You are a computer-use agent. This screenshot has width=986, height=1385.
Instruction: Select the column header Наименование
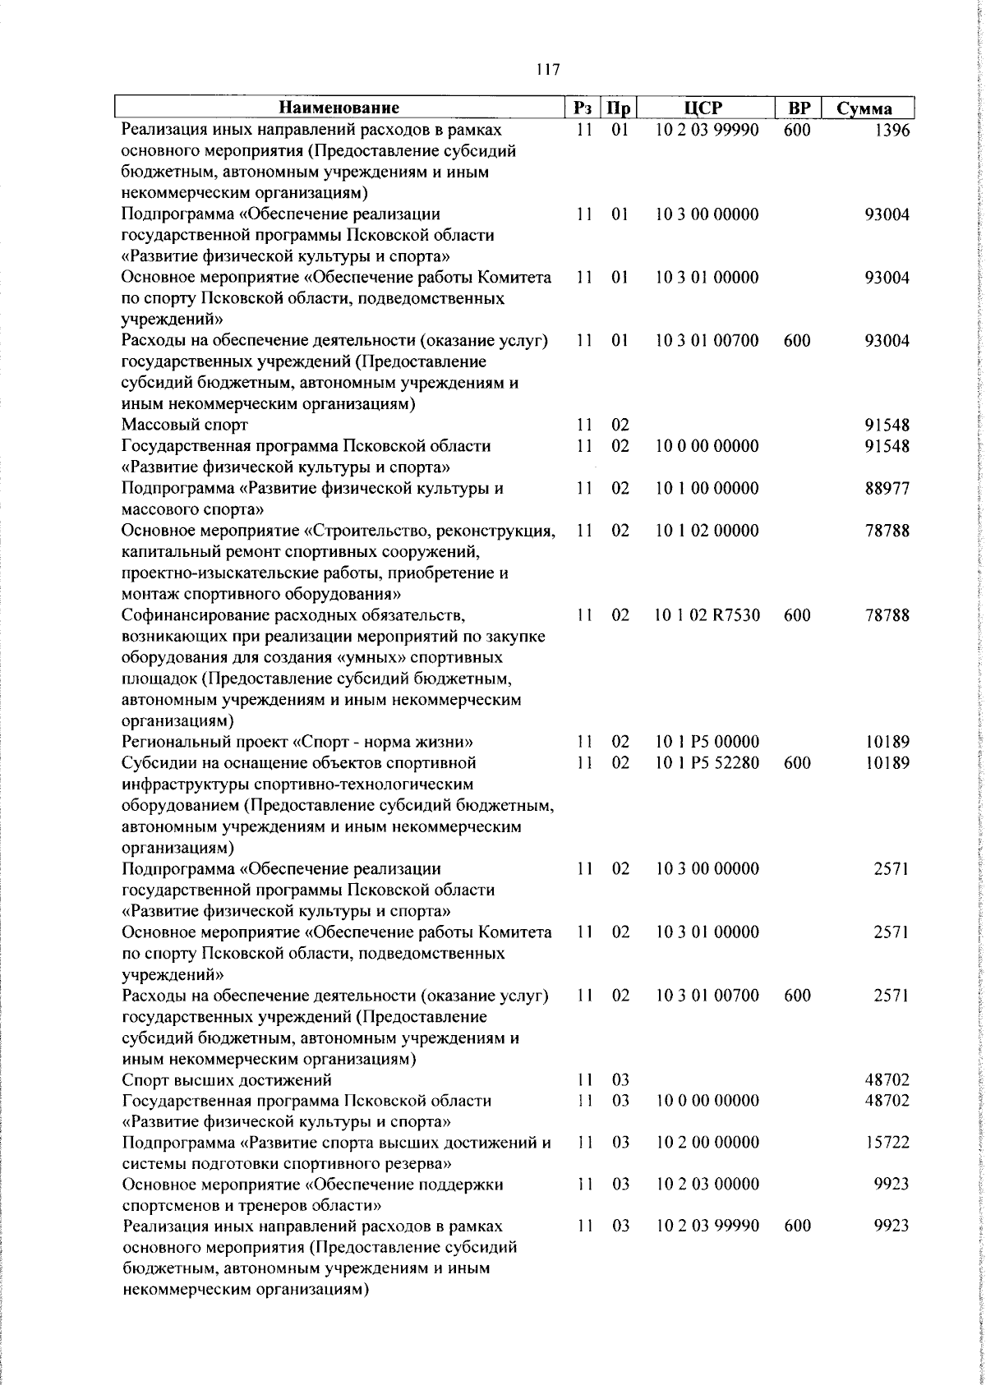coord(339,108)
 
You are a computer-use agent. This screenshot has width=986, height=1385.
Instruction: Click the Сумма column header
coord(864,108)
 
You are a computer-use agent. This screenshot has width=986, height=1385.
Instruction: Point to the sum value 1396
coord(892,131)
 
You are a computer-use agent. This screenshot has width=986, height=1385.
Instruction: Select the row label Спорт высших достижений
coord(227,1079)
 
